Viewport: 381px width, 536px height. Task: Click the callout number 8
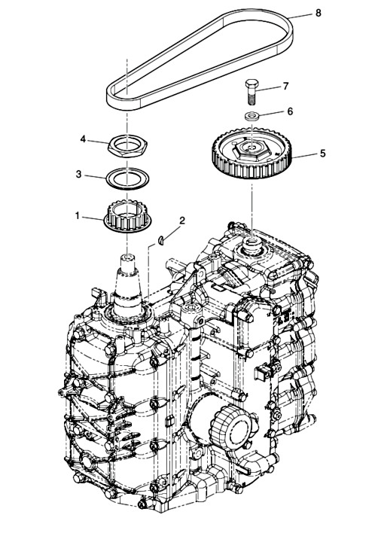(318, 13)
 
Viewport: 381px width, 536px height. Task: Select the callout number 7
(286, 86)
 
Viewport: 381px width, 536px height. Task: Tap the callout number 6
(290, 111)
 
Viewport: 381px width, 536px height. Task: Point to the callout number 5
(322, 153)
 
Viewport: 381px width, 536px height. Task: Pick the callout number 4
(83, 139)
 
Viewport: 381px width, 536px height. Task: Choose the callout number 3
(78, 174)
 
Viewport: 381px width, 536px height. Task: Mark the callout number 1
(78, 216)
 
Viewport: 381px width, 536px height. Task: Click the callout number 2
(182, 221)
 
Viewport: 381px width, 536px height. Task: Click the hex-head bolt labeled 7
(251, 92)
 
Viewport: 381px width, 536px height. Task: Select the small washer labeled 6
(252, 116)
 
